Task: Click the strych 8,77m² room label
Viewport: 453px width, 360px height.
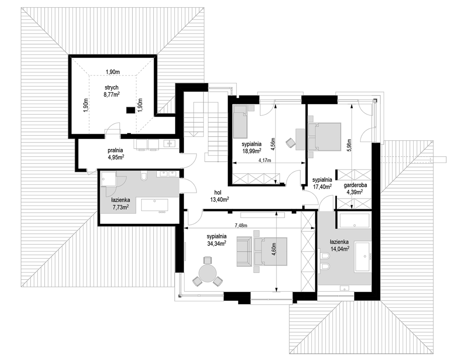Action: tap(112, 90)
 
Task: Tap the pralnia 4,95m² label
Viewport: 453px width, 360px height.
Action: tap(116, 153)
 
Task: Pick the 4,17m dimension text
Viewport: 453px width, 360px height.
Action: tap(265, 160)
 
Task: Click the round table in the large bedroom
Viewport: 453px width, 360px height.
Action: tap(207, 272)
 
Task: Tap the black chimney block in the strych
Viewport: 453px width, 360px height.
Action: tap(130, 110)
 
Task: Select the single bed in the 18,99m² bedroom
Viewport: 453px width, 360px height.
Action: tap(240, 121)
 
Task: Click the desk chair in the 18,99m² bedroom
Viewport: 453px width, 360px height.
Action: tap(290, 143)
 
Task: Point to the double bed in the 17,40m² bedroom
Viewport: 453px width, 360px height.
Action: tap(325, 136)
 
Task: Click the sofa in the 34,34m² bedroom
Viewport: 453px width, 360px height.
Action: tap(244, 251)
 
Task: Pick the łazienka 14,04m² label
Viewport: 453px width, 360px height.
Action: tap(340, 245)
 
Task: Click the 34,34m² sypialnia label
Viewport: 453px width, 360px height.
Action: tap(217, 239)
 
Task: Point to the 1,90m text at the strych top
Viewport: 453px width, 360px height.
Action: tap(113, 71)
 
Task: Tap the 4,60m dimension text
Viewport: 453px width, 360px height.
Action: tap(274, 251)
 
